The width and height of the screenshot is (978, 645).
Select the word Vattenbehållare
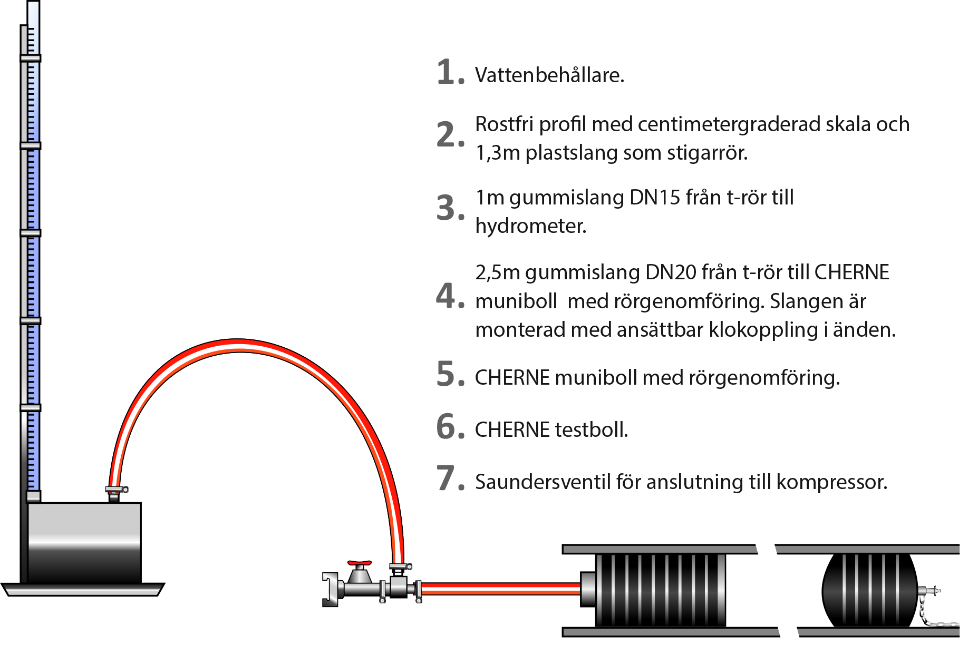pos(549,75)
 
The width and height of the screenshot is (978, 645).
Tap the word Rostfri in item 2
pos(504,124)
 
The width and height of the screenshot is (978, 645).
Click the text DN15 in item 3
pos(655,198)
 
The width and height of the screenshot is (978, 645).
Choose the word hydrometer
pos(531,227)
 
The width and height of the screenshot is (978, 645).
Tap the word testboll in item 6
pos(592,430)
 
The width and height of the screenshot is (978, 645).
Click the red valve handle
pos(360,563)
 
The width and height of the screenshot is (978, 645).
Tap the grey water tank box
pos(84,543)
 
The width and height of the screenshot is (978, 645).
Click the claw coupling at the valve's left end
pos(331,589)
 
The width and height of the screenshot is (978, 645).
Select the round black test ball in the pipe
pos(870,590)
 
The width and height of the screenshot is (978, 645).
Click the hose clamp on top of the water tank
pos(117,490)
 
